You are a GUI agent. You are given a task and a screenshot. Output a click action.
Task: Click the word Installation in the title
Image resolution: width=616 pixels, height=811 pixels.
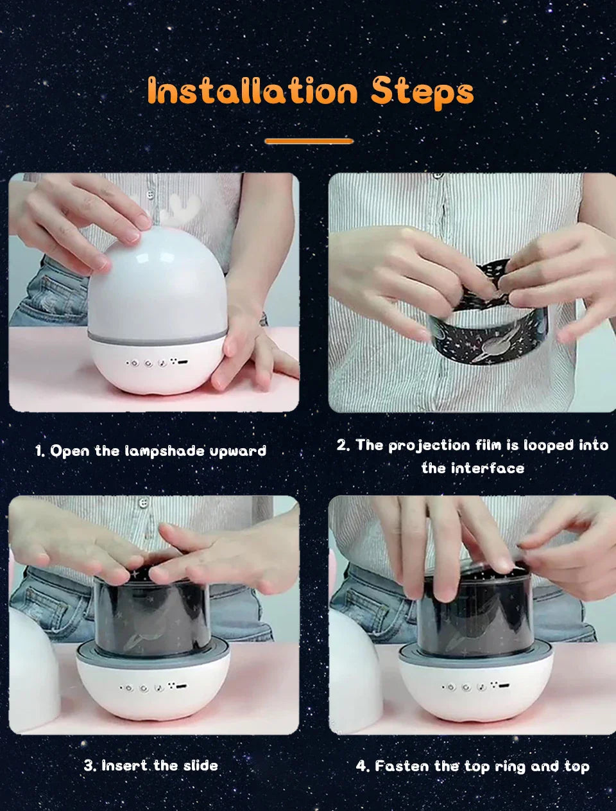(x=252, y=91)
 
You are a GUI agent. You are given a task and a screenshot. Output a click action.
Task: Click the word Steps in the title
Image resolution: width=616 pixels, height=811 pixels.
(x=422, y=94)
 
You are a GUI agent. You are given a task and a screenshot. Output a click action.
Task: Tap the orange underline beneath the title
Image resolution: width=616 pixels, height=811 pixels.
(x=309, y=141)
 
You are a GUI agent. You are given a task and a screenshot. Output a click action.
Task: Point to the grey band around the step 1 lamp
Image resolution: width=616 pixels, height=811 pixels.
(x=157, y=337)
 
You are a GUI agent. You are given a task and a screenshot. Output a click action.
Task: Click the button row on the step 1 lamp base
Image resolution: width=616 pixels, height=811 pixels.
(x=157, y=363)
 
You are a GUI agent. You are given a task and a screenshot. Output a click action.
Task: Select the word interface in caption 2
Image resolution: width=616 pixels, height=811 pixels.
(x=487, y=469)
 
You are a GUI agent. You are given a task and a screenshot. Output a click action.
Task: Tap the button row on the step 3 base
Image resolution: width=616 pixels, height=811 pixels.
(x=153, y=687)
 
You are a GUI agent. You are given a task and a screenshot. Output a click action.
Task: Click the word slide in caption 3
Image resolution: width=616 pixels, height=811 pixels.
(x=200, y=765)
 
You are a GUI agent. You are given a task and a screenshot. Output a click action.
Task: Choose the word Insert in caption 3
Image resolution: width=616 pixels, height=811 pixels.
(x=124, y=766)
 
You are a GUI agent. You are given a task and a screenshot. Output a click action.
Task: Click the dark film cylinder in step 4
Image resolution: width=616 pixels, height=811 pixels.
(x=475, y=612)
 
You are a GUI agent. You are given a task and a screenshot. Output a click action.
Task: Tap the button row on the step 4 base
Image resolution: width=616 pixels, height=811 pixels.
(x=476, y=686)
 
